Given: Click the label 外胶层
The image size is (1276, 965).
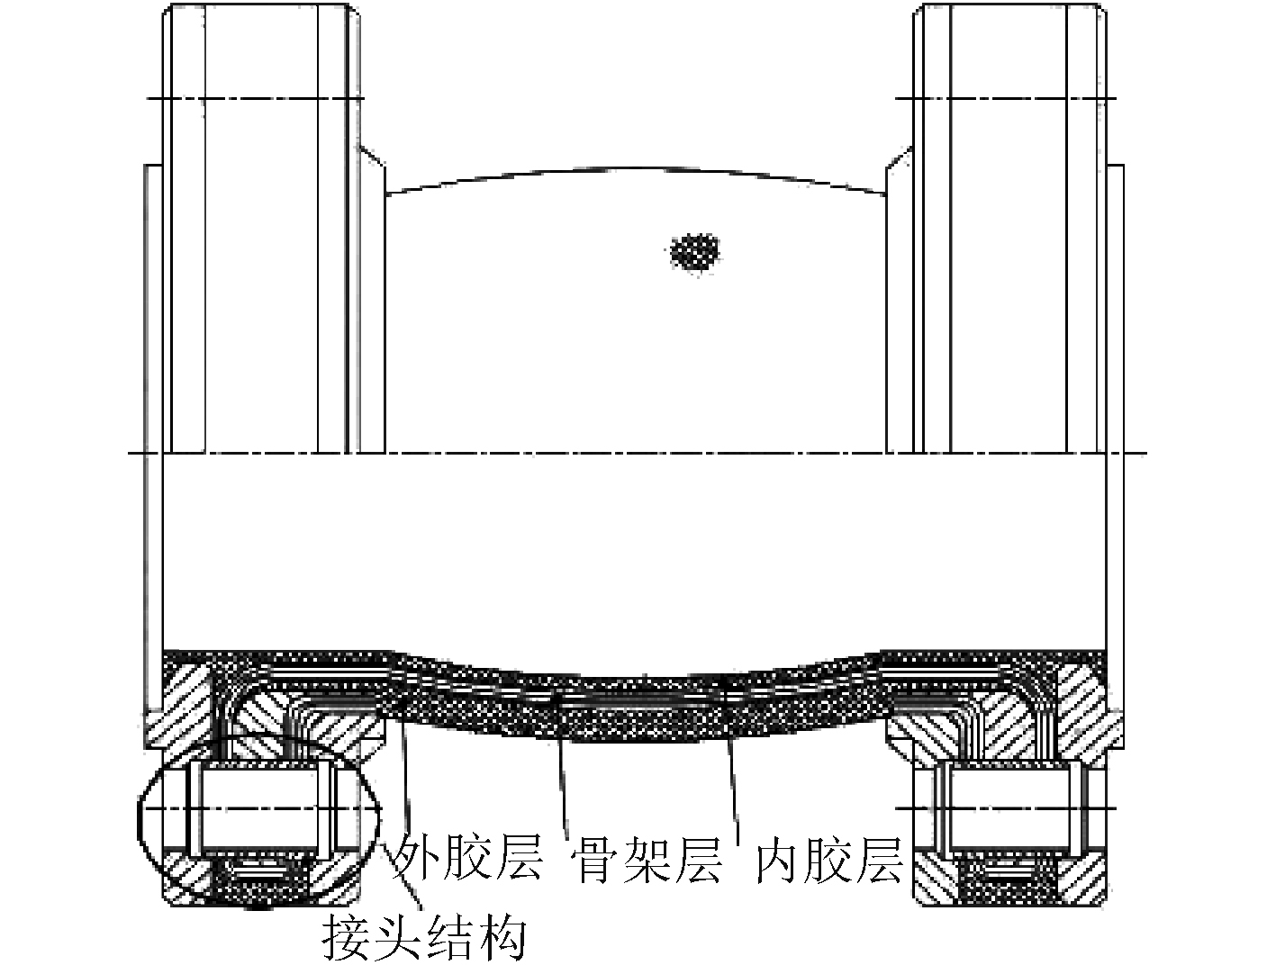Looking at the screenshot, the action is [469, 858].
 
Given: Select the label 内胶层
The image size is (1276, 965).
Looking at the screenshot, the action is [828, 858].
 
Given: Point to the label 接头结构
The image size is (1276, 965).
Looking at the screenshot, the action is [424, 937].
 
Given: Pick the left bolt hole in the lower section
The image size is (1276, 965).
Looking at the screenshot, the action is [258, 807].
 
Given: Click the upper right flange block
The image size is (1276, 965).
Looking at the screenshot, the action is [1009, 225].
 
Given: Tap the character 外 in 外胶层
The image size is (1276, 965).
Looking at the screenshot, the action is [417, 858].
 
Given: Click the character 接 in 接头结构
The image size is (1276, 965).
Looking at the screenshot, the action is [348, 937].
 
